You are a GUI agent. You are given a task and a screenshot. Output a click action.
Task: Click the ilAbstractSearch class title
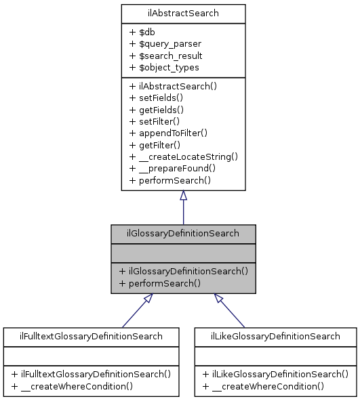[x=183, y=13]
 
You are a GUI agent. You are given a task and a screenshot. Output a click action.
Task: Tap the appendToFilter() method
[x=168, y=133]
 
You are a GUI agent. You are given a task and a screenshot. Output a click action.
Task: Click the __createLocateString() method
[x=183, y=156]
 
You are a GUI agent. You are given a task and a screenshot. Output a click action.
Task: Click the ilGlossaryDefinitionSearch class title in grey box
[x=183, y=234]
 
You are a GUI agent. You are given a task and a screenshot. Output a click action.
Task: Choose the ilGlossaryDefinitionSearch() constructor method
[x=183, y=271]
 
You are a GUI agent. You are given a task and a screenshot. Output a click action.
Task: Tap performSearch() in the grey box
[x=159, y=283]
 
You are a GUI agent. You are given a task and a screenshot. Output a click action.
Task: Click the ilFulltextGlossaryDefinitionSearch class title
[x=91, y=336]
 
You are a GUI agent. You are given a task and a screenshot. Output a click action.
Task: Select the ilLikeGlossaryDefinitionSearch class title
[x=275, y=336]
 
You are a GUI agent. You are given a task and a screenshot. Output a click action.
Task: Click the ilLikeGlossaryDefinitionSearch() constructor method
[x=275, y=374]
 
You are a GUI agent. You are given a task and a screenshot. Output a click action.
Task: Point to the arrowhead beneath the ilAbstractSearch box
[x=183, y=196]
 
